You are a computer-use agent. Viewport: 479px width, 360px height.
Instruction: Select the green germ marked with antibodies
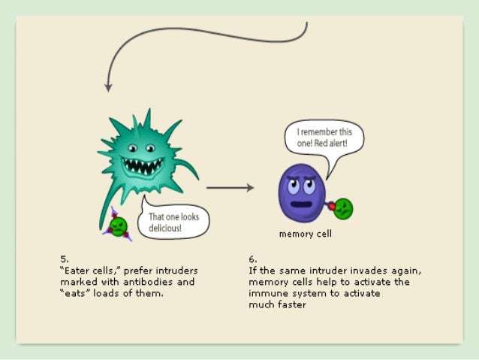point(117,224)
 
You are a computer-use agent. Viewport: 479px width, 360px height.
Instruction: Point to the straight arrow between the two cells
point(230,188)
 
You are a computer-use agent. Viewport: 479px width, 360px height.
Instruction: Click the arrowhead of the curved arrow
point(108,86)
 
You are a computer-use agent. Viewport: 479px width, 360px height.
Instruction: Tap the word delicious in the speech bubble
point(170,227)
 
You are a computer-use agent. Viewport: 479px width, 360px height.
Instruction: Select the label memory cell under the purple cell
point(305,234)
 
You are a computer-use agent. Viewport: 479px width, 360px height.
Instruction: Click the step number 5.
point(64,259)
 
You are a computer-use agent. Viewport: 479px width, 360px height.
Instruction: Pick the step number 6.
point(253,259)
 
